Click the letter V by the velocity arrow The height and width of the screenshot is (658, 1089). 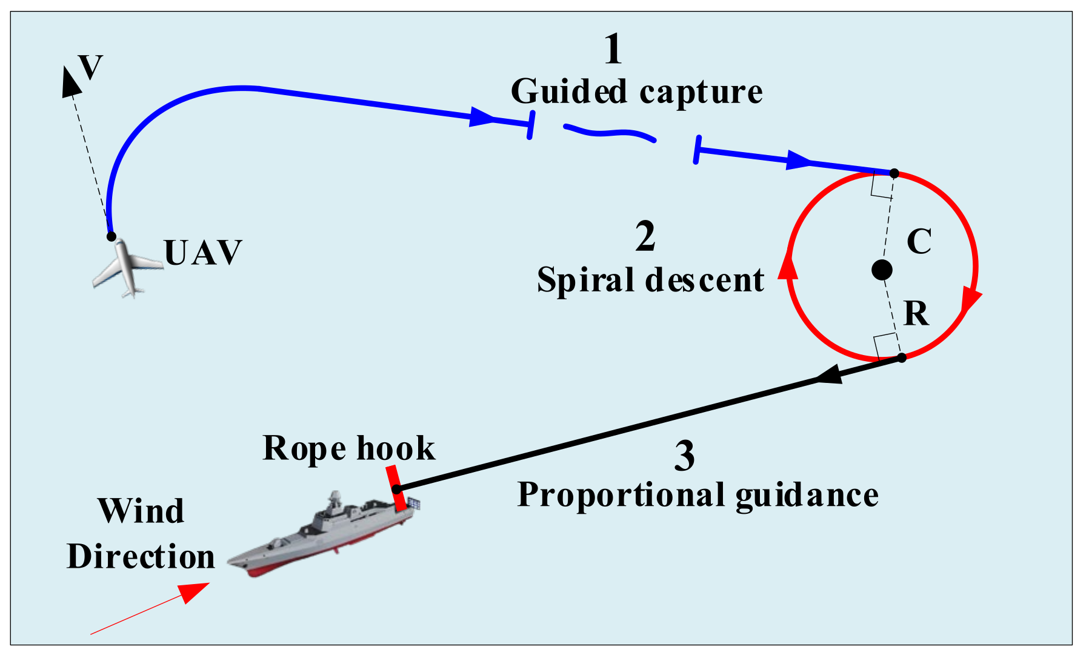click(90, 67)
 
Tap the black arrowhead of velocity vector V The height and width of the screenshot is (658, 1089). click(71, 82)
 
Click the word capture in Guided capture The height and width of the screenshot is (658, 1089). click(701, 93)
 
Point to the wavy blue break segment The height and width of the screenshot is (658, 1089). click(609, 131)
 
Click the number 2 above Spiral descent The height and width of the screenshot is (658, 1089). click(645, 236)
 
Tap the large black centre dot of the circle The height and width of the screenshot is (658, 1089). click(882, 270)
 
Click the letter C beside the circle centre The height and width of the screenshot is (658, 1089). click(919, 242)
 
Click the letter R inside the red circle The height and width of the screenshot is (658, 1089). click(916, 314)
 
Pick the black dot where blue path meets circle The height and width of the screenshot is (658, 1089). click(894, 174)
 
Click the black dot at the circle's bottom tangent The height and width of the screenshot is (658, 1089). click(901, 357)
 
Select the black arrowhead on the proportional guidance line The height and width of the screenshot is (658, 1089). click(829, 375)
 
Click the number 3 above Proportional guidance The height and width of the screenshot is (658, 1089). click(685, 456)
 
